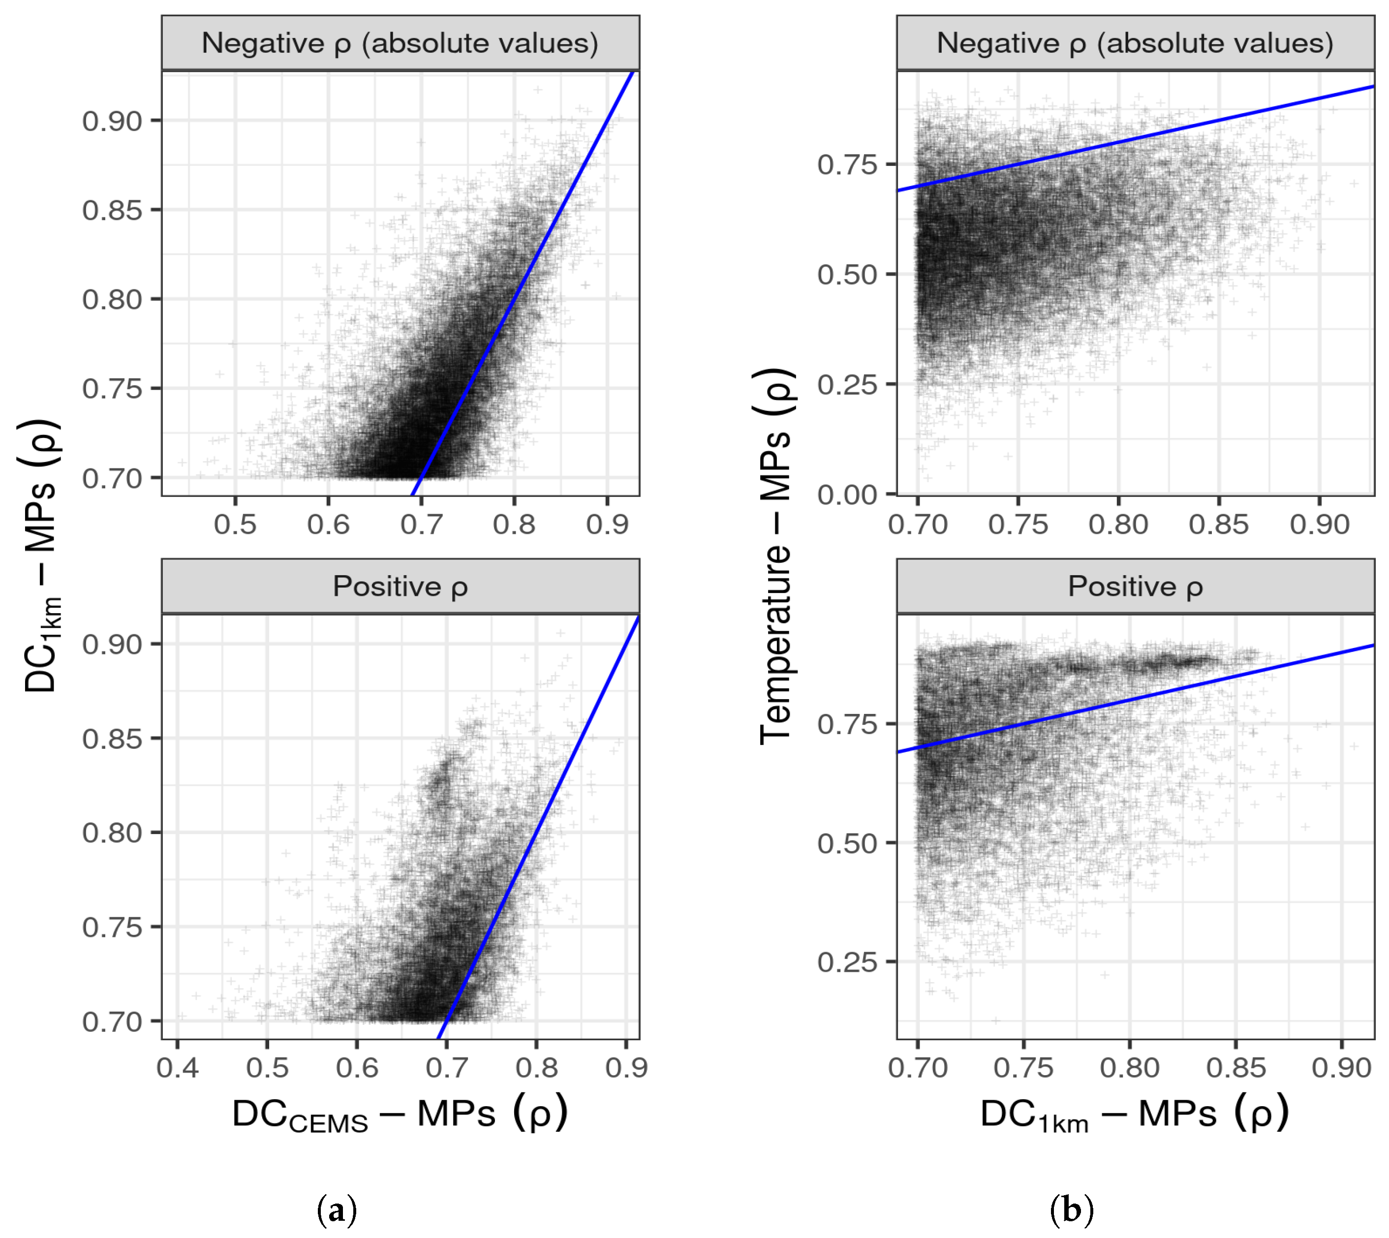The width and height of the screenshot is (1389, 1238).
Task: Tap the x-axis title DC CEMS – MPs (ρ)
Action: click(400, 1115)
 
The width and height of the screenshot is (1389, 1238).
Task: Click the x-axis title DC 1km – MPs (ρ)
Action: click(1135, 1115)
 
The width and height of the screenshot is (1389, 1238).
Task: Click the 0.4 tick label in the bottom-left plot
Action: click(178, 1068)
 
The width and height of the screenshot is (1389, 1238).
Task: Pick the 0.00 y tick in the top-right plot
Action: click(847, 495)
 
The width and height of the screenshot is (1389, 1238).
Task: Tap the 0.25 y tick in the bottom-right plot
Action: click(847, 962)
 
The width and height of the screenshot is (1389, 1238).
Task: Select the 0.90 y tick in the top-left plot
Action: click(112, 121)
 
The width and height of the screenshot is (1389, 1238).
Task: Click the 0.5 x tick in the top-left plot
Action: click(235, 525)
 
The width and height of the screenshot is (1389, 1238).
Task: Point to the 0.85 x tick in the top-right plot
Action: click(1219, 525)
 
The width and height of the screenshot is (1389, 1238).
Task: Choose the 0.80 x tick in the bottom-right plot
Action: click(1130, 1068)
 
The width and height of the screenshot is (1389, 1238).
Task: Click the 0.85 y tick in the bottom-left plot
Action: click(112, 739)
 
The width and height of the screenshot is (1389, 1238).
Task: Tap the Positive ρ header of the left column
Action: click(400, 587)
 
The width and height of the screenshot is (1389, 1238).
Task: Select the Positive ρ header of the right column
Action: click(1135, 587)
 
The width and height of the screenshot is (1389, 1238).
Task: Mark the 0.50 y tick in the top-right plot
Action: click(847, 275)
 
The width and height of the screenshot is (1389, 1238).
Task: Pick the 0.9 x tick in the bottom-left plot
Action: click(626, 1068)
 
